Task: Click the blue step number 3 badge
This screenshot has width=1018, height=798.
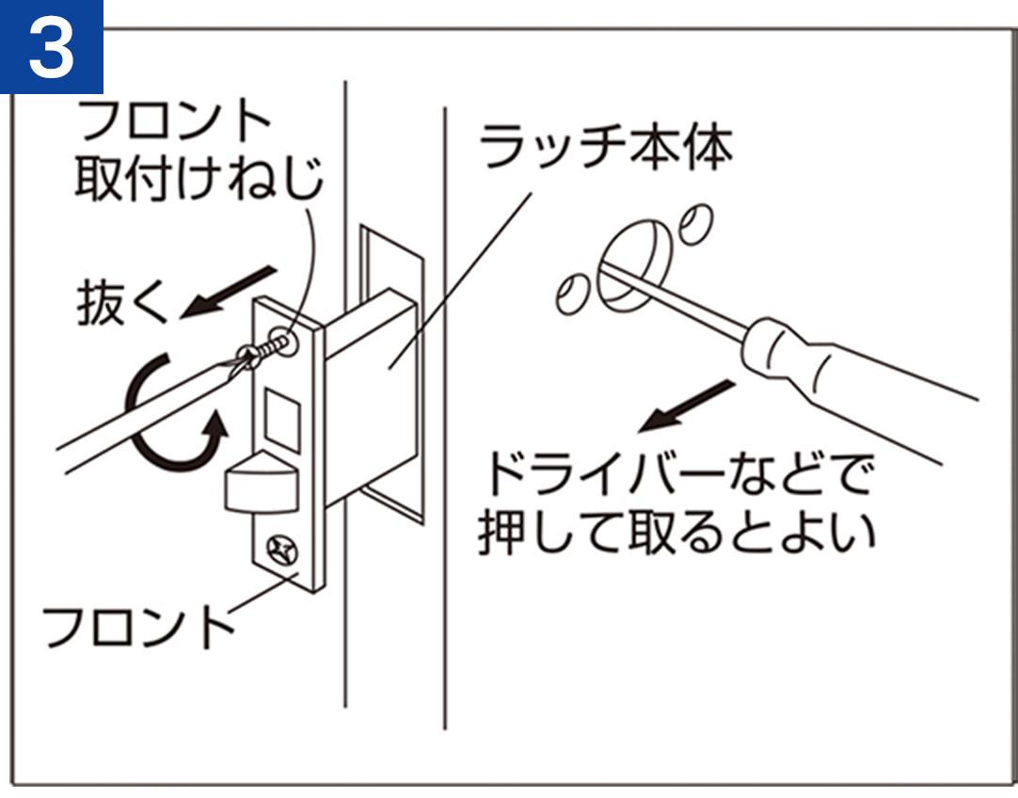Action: tap(52, 47)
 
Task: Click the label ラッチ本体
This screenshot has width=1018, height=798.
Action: tap(607, 146)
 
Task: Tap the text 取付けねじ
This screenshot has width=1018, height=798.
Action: tap(199, 178)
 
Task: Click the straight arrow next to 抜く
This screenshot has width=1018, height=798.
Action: tap(228, 292)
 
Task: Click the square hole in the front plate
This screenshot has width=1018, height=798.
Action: tap(281, 420)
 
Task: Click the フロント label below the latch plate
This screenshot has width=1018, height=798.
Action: tap(137, 627)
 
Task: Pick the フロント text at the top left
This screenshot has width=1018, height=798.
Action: tap(173, 120)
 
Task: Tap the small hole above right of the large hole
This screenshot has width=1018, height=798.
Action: tap(696, 225)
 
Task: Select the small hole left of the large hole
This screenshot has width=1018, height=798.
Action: tap(573, 295)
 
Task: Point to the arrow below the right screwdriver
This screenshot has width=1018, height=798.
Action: tap(686, 406)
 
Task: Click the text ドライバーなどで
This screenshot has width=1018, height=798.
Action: tap(678, 473)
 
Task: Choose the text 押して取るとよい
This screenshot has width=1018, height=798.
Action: tap(676, 533)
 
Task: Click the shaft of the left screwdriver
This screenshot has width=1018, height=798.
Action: tap(150, 413)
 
